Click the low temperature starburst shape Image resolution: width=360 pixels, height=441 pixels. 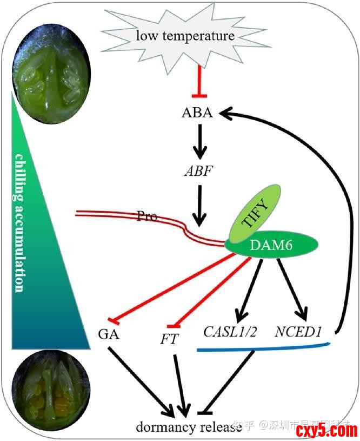185,37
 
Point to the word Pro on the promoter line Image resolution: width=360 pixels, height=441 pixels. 146,217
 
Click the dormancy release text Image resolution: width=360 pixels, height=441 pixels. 188,427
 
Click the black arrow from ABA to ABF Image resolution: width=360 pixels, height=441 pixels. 200,141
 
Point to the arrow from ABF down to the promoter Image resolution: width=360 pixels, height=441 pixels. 200,205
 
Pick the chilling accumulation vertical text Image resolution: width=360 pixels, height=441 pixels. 19,222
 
